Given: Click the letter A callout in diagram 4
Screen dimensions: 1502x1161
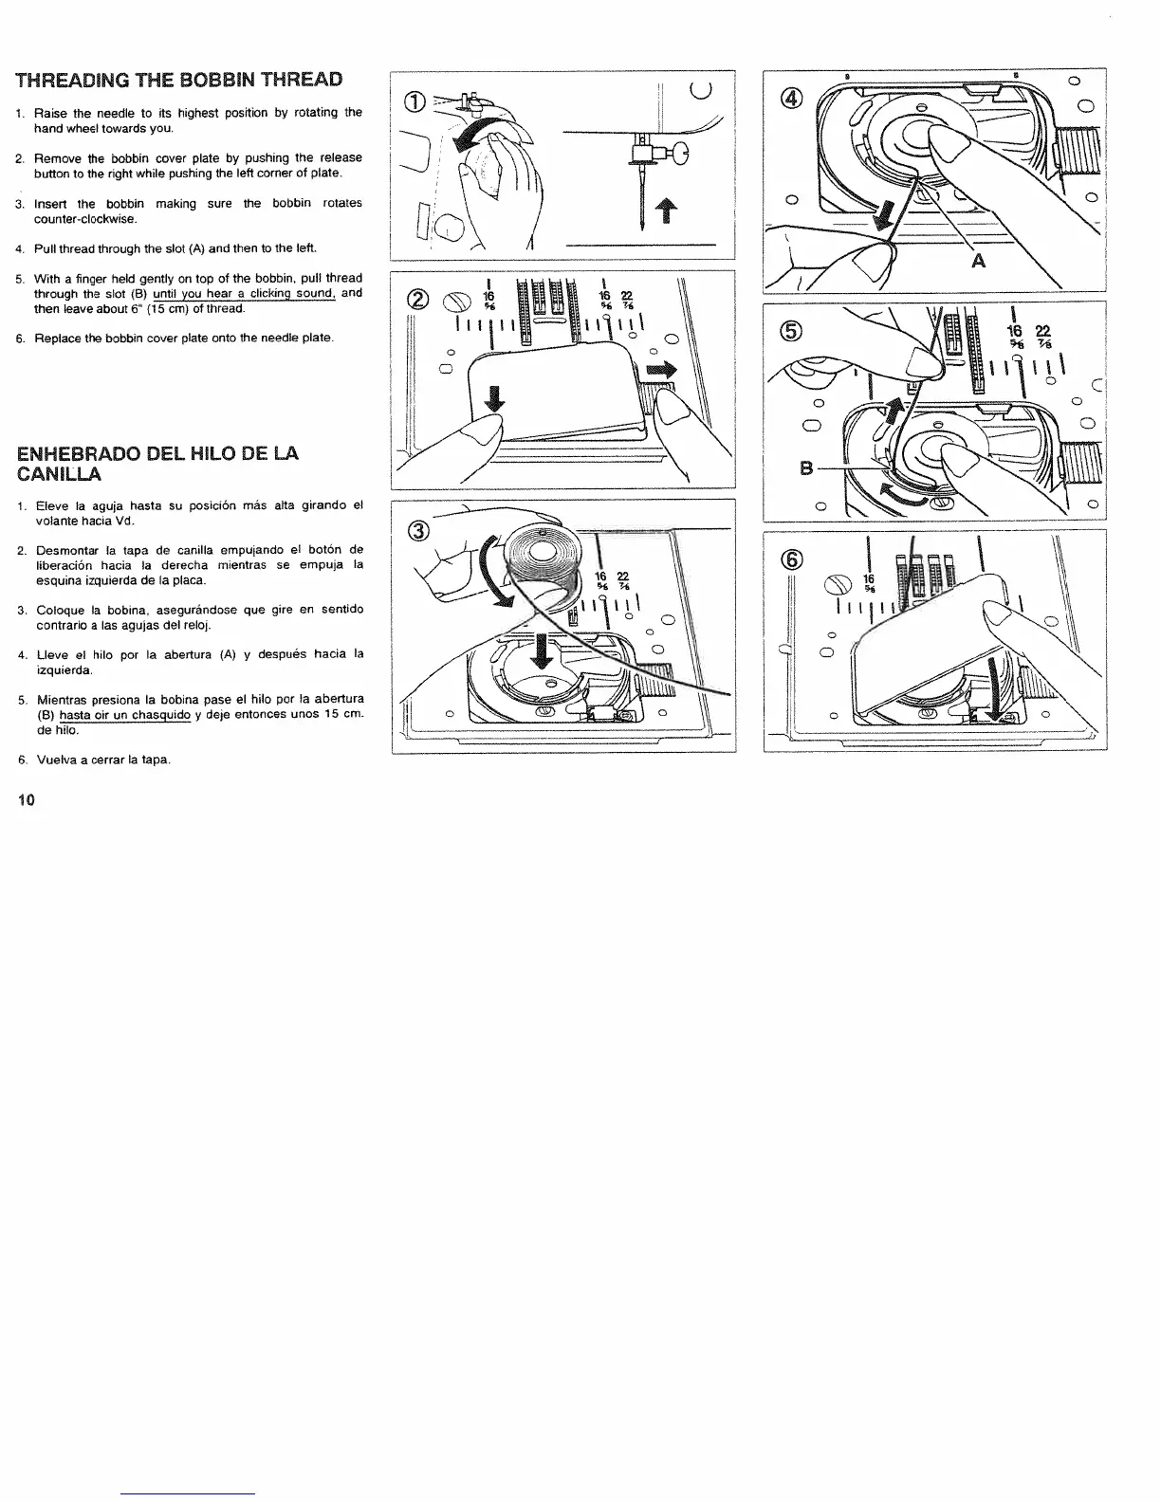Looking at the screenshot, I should pyautogui.click(x=977, y=260).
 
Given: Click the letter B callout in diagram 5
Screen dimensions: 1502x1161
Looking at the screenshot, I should pyautogui.click(x=807, y=467).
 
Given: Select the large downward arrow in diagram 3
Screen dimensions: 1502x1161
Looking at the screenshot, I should pyautogui.click(x=542, y=648).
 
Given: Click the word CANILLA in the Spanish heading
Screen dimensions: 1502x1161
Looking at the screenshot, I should pyautogui.click(x=59, y=473).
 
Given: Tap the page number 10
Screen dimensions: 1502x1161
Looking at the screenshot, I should pyautogui.click(x=26, y=800).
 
